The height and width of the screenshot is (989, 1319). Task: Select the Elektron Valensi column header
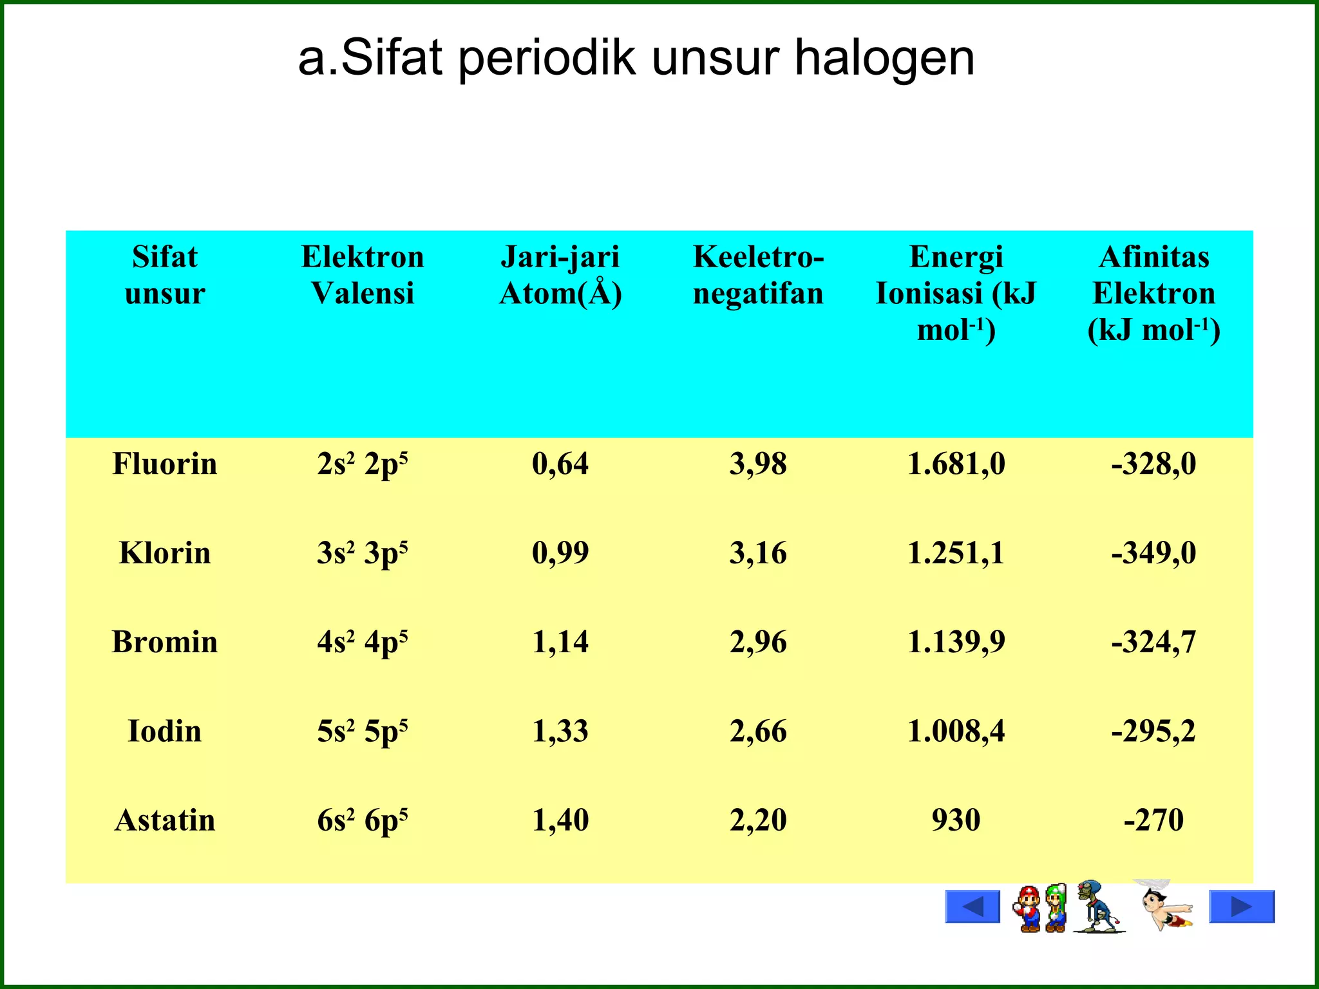pyautogui.click(x=363, y=275)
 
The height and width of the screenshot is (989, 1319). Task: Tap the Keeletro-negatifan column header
pyautogui.click(x=758, y=275)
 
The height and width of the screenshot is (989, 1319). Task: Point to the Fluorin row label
pyautogui.click(x=165, y=464)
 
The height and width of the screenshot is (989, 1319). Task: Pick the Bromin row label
pyautogui.click(x=165, y=643)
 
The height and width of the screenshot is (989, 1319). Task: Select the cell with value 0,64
pyautogui.click(x=560, y=464)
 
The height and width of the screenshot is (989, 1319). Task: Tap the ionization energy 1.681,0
pyautogui.click(x=956, y=464)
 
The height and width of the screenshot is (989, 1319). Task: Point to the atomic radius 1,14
pyautogui.click(x=560, y=643)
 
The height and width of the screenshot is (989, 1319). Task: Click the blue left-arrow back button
pyautogui.click(x=973, y=907)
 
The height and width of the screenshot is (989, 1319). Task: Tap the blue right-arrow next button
pyautogui.click(x=1242, y=907)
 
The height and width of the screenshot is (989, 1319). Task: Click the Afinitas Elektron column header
pyautogui.click(x=1153, y=293)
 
